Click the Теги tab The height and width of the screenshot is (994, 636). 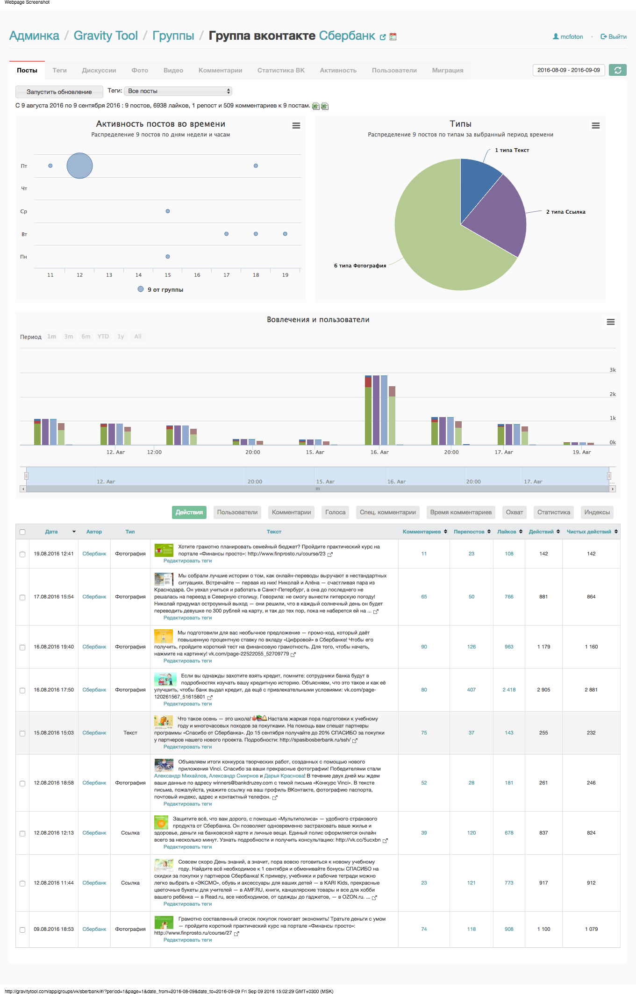(x=59, y=71)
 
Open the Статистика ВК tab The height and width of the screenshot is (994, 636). (x=280, y=71)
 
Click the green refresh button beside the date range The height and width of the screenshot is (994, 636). (x=617, y=70)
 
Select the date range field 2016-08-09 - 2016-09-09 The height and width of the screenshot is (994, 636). (x=568, y=70)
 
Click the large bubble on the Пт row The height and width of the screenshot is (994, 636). (x=79, y=166)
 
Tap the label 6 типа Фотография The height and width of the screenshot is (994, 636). (x=360, y=266)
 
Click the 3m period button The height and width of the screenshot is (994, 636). (x=69, y=337)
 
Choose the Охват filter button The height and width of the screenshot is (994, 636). (x=514, y=512)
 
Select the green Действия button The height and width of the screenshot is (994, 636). (x=189, y=512)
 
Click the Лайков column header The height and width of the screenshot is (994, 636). (x=507, y=532)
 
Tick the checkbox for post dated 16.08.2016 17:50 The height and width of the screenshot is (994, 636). (x=22, y=690)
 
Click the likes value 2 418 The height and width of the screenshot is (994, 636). (x=509, y=690)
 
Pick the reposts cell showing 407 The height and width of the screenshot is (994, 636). (x=471, y=690)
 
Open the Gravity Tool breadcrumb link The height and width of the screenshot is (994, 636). (x=106, y=36)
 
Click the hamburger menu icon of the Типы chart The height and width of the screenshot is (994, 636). (x=595, y=125)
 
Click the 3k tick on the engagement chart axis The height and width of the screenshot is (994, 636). (x=612, y=370)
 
